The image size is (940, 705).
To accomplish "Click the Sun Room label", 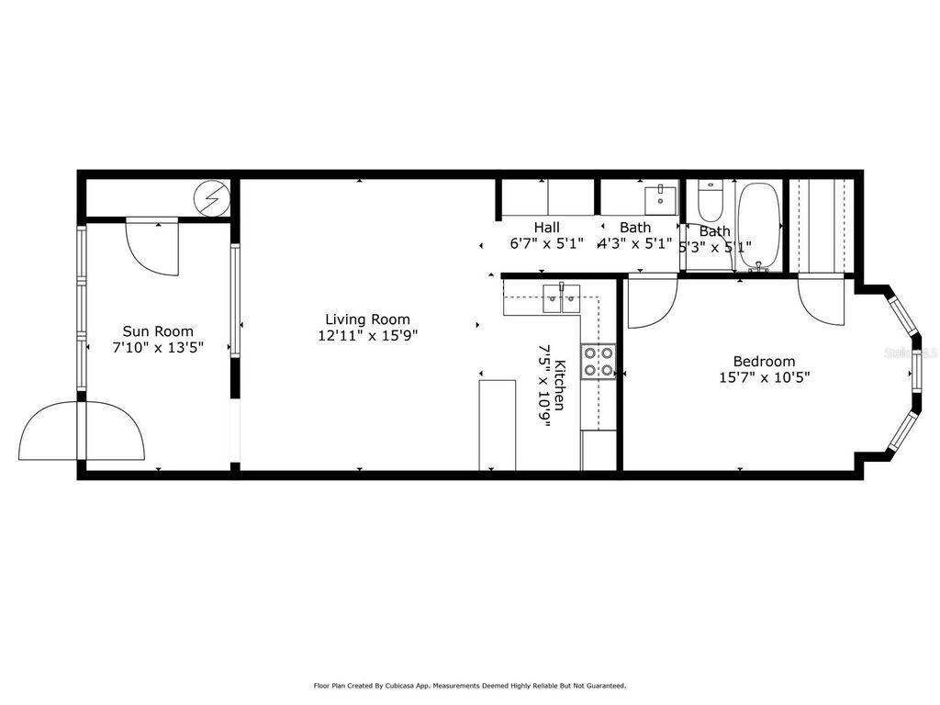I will [158, 331].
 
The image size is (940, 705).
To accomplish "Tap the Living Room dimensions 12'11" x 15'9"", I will [365, 336].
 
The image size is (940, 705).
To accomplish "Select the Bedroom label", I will [764, 361].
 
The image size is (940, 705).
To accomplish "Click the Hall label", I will [547, 228].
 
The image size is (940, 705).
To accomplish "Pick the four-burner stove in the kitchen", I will [598, 361].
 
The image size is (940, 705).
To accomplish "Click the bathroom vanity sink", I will [660, 198].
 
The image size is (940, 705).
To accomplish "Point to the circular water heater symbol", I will [213, 196].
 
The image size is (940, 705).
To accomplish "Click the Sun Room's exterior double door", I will [83, 431].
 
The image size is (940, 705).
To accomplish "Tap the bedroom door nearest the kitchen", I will [652, 301].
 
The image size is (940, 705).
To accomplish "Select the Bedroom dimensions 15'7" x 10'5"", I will [765, 376].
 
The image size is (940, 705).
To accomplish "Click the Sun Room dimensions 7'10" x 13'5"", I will [158, 347].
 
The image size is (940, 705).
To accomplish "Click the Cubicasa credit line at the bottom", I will [469, 685].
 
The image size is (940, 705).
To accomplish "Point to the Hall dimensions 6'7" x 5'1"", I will [547, 245].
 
